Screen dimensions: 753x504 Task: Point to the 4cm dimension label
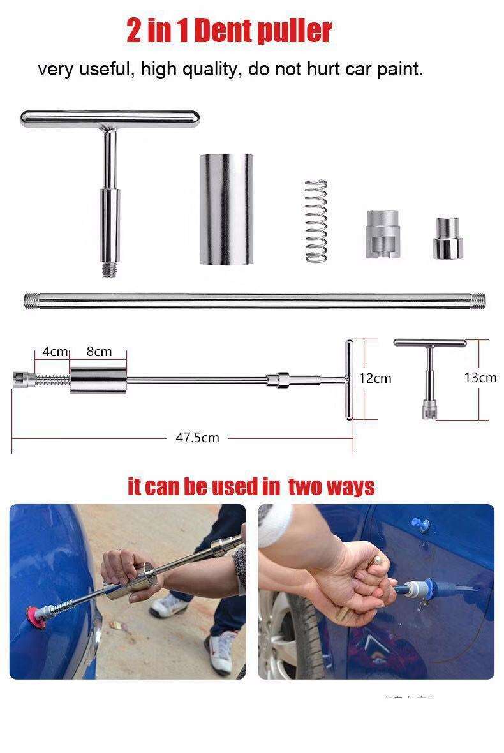[x=55, y=352]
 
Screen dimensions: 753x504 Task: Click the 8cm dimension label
[x=99, y=352]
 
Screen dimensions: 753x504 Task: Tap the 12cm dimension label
[x=375, y=378]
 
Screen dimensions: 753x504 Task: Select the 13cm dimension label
[x=480, y=378]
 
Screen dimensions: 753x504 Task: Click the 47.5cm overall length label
[x=197, y=438]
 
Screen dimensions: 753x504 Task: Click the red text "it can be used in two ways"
[x=251, y=487]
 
